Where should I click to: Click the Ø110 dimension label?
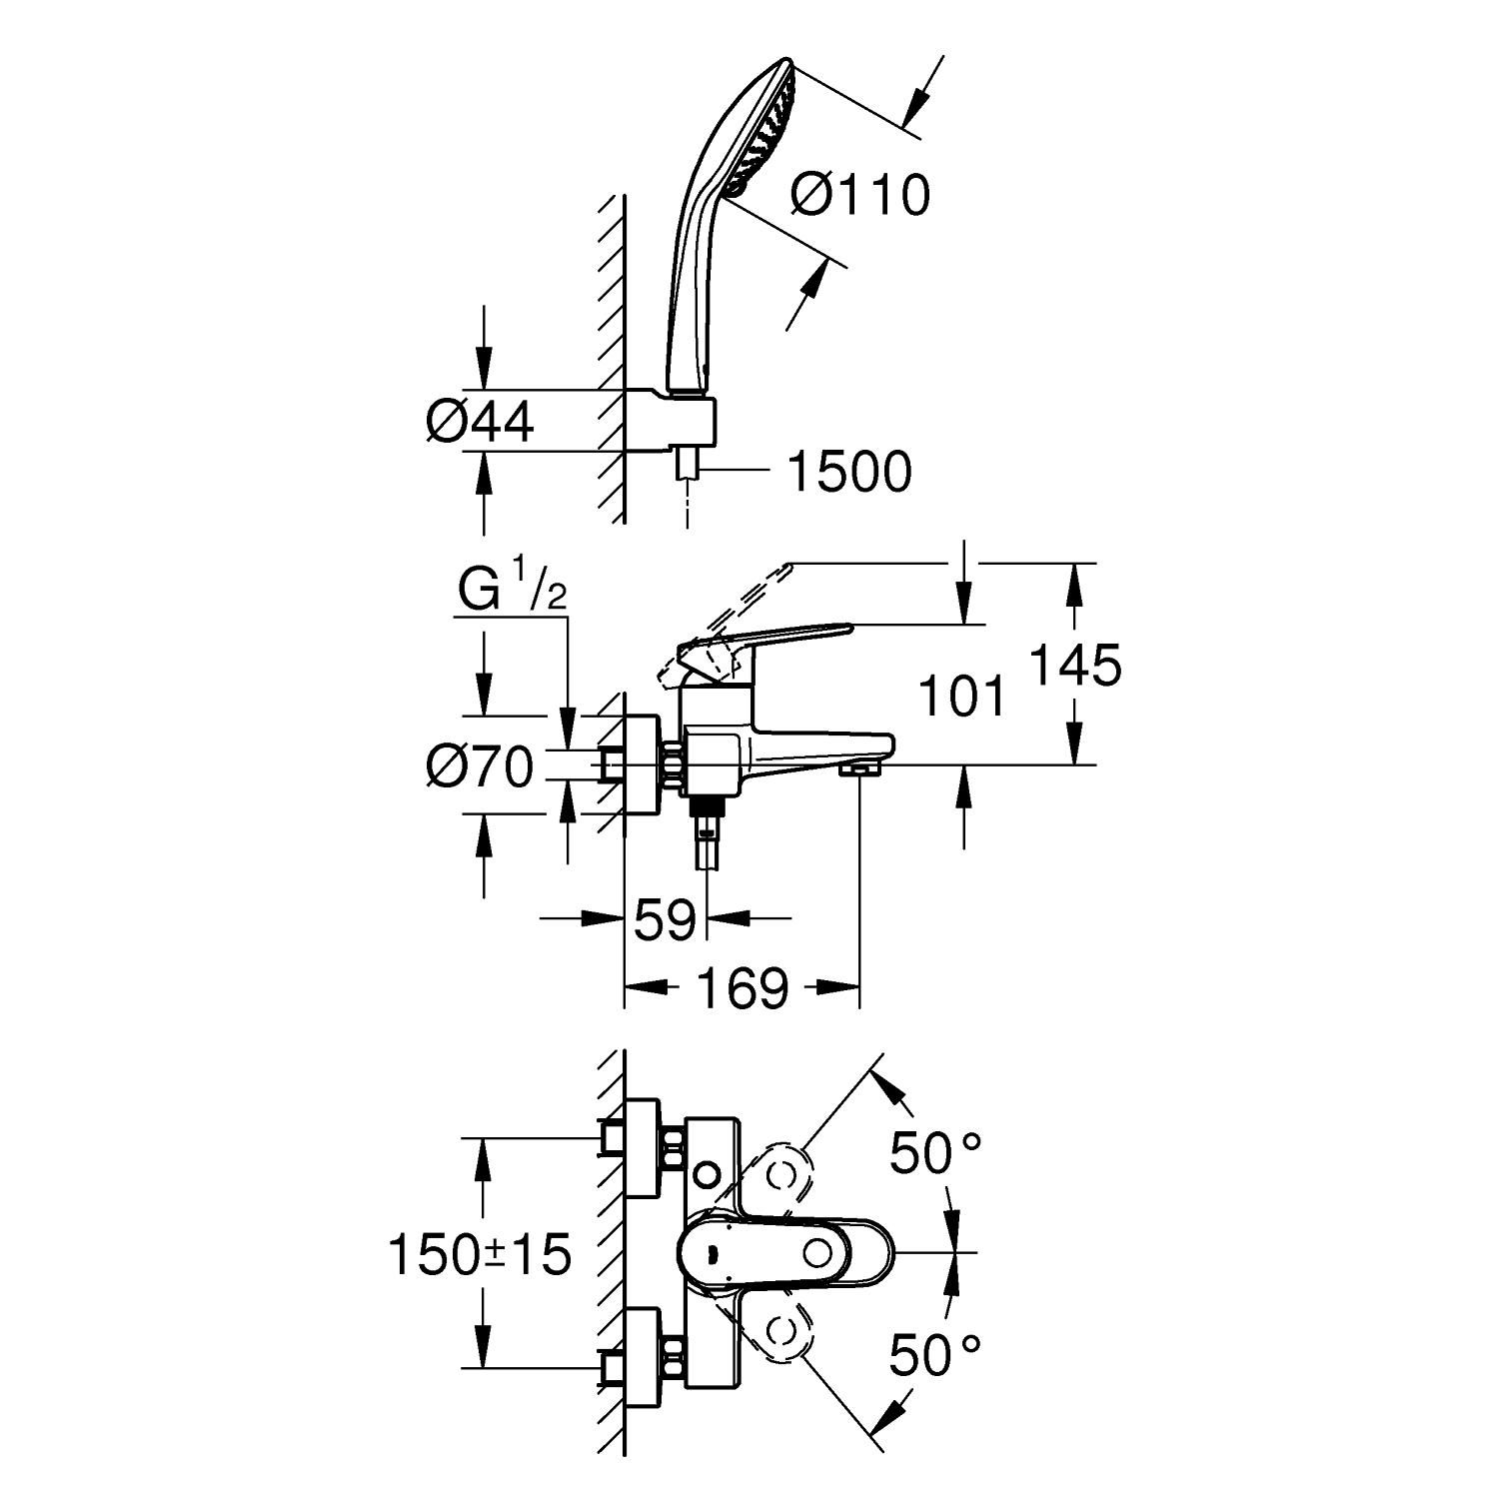859,195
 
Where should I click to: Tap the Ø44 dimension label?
480,422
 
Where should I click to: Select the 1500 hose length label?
849,472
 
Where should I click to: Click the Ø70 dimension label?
480,768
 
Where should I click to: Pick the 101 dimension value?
961,697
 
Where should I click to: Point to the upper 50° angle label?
935,1153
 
